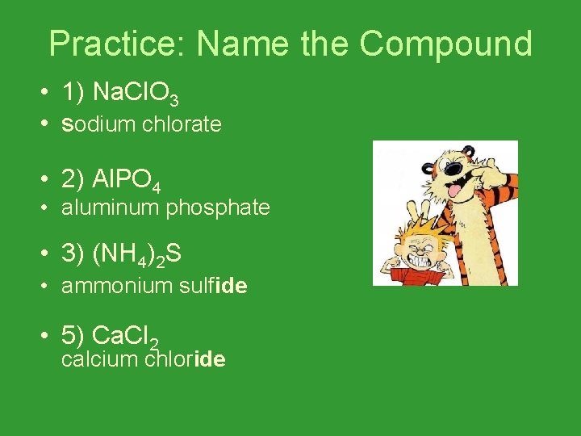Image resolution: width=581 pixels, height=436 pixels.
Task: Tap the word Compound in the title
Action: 446,44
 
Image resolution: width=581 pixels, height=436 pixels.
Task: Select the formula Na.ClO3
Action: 136,94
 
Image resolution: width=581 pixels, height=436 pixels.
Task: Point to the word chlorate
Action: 182,124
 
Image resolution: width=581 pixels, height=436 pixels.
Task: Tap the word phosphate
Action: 218,208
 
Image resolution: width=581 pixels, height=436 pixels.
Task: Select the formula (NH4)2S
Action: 137,255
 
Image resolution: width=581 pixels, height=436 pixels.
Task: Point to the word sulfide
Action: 214,285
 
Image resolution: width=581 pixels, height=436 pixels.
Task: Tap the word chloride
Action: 185,359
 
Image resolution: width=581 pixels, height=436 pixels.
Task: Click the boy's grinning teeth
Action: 423,262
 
